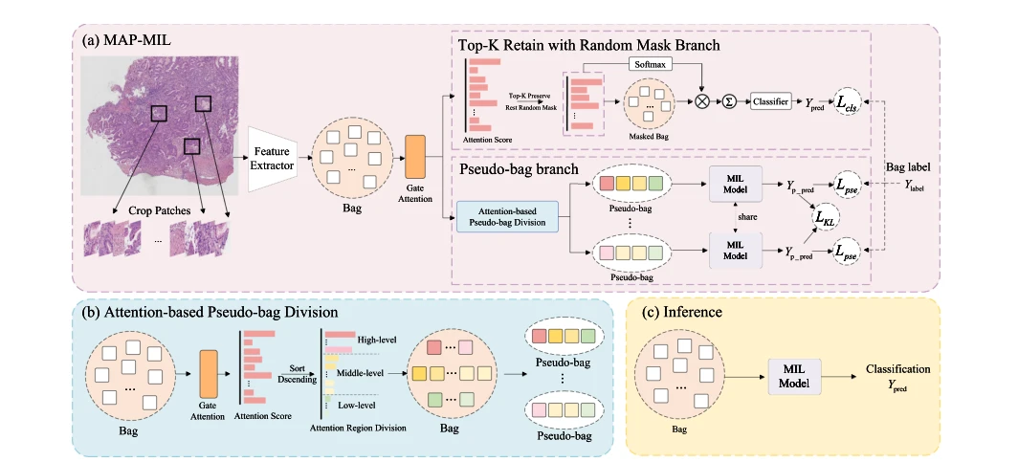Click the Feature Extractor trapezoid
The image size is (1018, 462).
click(273, 159)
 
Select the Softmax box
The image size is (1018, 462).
click(652, 64)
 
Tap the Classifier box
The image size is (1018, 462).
click(771, 101)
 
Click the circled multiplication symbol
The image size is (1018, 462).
click(702, 102)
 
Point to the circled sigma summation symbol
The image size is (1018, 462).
click(730, 102)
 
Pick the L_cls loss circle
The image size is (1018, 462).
click(848, 102)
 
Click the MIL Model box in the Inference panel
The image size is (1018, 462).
click(795, 376)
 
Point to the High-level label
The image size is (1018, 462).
click(377, 340)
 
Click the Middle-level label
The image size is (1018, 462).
click(360, 373)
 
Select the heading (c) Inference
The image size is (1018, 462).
click(681, 312)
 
